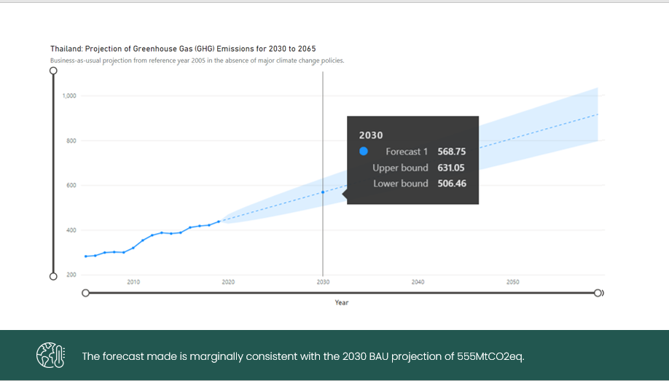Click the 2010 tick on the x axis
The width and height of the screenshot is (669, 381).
click(x=133, y=282)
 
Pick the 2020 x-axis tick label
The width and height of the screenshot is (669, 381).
click(x=228, y=282)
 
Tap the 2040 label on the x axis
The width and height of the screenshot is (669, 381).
click(x=418, y=282)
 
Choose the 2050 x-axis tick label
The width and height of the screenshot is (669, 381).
click(x=512, y=282)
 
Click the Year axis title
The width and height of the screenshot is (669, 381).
click(x=341, y=302)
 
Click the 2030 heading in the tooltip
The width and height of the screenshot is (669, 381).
click(x=371, y=135)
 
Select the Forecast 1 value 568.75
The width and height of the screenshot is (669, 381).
click(x=451, y=152)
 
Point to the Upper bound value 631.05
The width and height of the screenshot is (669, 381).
click(x=451, y=168)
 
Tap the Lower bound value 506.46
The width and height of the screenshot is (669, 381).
click(x=451, y=184)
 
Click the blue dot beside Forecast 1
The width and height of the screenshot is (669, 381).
click(x=363, y=152)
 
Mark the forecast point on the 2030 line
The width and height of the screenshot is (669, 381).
click(x=323, y=192)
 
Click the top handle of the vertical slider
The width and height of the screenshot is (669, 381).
click(x=53, y=71)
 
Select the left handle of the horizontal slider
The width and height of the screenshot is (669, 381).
click(x=86, y=293)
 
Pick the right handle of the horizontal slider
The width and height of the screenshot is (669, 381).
click(x=598, y=293)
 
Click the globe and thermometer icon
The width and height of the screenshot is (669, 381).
click(x=51, y=356)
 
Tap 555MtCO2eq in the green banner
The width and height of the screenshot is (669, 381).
click(x=490, y=356)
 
